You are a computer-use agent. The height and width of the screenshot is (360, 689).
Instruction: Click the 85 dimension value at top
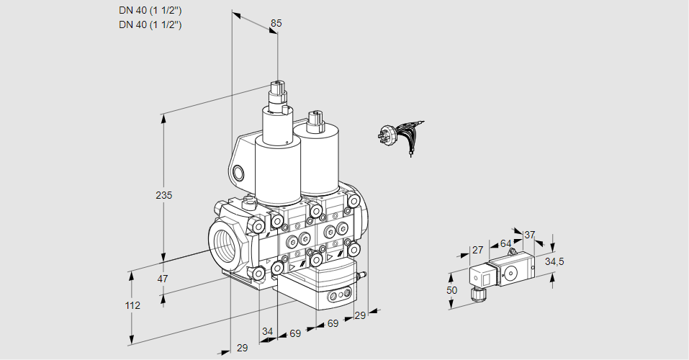pos(276,23)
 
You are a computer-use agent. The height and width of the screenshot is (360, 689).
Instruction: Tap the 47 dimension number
pos(163,279)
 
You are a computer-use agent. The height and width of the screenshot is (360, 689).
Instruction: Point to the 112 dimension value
pos(132,305)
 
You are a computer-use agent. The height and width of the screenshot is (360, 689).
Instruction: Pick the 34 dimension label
pos(268,332)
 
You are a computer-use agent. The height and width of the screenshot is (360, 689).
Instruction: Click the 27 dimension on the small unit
pos(477,250)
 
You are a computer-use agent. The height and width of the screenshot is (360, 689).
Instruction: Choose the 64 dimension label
pos(505,243)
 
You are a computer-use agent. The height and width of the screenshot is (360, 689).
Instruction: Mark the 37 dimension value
pos(529,235)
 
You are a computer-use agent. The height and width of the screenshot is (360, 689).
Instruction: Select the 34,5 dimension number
pos(554,261)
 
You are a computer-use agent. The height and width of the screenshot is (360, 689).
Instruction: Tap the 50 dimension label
pos(451,290)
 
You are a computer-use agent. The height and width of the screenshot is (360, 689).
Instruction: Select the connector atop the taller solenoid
pos(277,94)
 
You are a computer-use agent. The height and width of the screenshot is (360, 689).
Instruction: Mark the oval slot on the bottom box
pos(336,295)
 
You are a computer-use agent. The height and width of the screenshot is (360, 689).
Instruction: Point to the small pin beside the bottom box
pos(363,274)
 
